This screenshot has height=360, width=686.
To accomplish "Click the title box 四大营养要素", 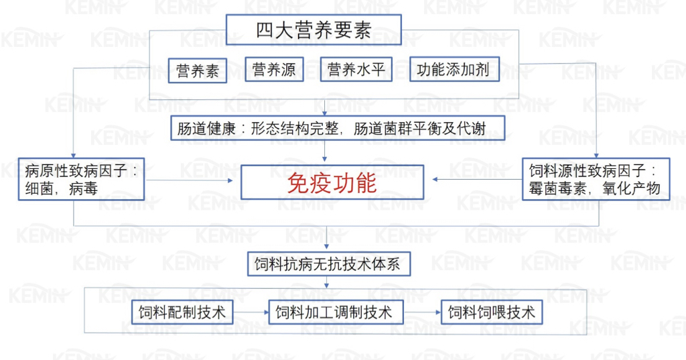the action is [314, 29].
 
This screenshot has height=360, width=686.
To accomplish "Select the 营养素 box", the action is [198, 70].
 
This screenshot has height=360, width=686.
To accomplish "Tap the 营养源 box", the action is [274, 69].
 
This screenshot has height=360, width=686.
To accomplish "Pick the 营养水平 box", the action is [356, 69].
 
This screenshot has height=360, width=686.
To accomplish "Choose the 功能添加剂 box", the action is [455, 69].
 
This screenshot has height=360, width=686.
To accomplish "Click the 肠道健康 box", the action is [338, 128].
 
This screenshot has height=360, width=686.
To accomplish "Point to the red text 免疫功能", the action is [332, 183].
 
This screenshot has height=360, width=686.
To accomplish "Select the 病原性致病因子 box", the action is [81, 179].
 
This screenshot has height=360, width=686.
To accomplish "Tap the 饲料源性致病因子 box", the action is [596, 179].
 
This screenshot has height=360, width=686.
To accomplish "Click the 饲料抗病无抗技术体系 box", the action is [329, 263].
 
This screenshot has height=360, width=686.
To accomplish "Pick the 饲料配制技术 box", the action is [182, 312].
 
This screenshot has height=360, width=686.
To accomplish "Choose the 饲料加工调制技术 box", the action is [336, 312].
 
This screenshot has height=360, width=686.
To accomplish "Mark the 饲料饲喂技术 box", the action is [492, 312].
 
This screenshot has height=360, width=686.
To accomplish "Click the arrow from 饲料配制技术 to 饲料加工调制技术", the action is [251, 312].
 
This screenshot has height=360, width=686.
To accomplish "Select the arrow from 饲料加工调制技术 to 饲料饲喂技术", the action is [422, 312].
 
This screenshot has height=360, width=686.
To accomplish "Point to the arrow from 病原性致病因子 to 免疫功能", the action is [190, 180].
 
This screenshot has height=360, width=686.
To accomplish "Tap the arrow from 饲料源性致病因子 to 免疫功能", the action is [477, 179].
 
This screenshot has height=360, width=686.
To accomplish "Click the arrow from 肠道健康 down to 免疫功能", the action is [325, 151].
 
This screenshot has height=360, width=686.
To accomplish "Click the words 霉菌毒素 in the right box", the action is [557, 189].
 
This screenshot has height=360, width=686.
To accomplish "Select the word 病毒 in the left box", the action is [83, 189].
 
